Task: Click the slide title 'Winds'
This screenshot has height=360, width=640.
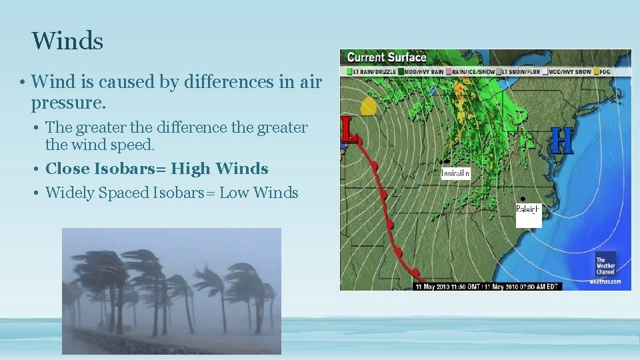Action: click(67, 41)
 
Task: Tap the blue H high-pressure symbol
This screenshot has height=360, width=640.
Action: click(563, 141)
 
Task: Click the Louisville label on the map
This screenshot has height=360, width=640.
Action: click(455, 173)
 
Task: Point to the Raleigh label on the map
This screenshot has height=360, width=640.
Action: click(527, 209)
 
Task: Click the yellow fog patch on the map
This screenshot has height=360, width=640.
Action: click(368, 106)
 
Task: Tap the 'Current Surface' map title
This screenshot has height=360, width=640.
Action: click(386, 57)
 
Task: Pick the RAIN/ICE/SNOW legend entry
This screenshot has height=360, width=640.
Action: click(474, 71)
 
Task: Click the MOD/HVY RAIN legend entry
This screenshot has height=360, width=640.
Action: click(423, 71)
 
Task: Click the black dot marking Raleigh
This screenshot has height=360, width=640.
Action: click(523, 199)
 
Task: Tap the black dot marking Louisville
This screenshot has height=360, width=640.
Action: click(445, 162)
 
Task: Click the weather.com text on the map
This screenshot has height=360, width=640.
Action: click(605, 281)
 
